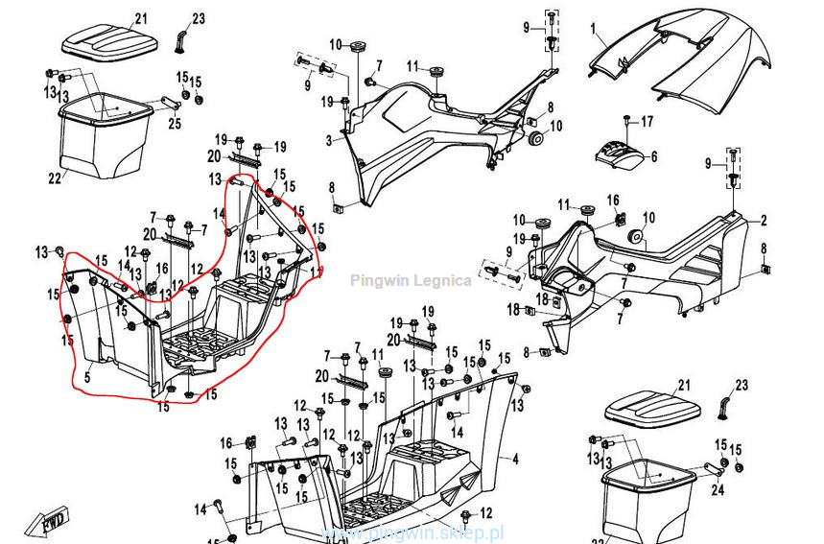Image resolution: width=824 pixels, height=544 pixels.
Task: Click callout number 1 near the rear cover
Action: pos(593,29)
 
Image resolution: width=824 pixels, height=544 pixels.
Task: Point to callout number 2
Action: pos(765,221)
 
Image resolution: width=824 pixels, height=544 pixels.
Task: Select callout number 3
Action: pos(328,141)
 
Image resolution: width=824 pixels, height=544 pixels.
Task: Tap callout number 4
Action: pos(514,459)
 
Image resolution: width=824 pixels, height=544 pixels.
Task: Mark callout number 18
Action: pos(513,309)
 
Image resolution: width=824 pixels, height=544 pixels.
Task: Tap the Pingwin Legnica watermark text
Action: pos(411,281)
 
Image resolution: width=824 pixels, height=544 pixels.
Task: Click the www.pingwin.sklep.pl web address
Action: pos(412,532)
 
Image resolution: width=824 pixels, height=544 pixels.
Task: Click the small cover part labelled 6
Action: pos(619,154)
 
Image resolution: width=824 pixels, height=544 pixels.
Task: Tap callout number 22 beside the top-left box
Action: pos(55,177)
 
